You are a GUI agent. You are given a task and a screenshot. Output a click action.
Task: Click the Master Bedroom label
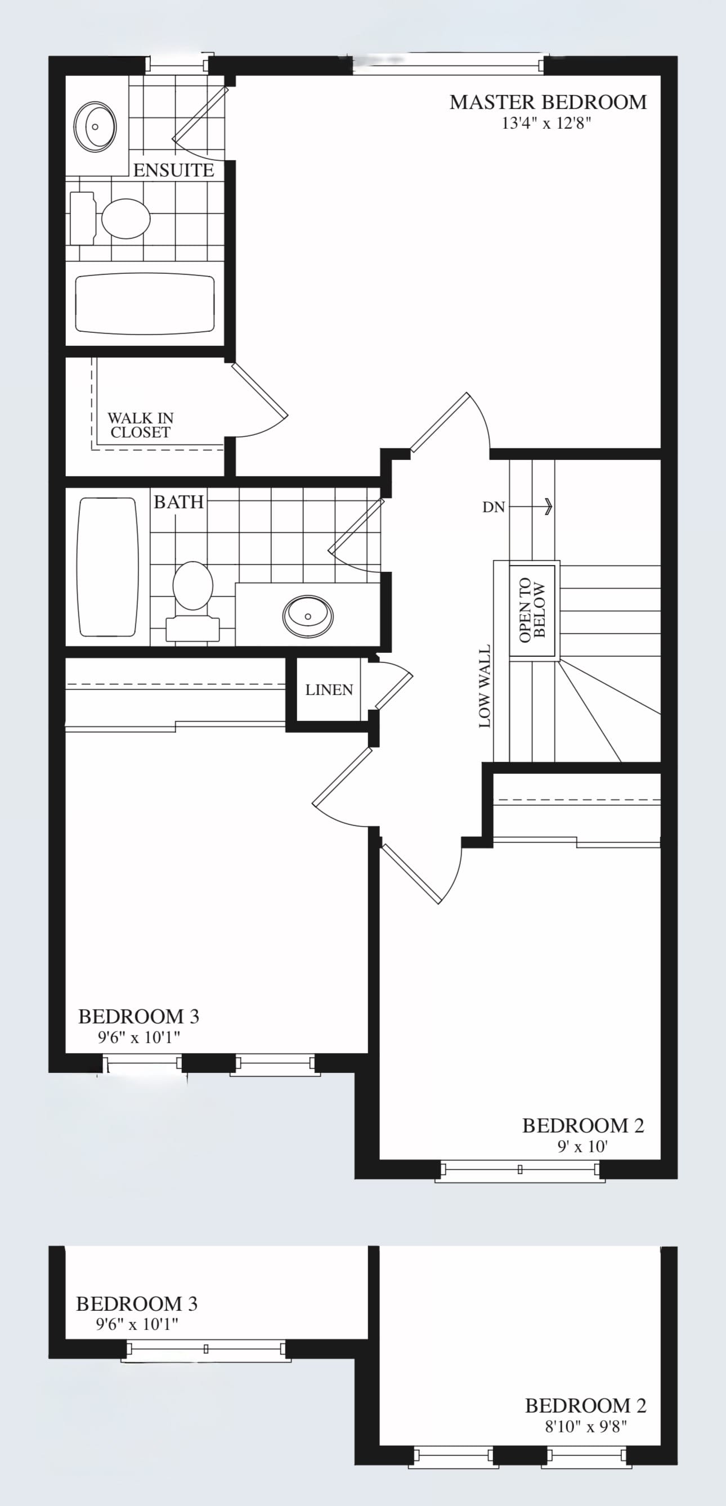[x=548, y=102]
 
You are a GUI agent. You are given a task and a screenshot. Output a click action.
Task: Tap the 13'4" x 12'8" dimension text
[x=546, y=123]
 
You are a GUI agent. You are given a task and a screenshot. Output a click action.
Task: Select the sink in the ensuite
[x=95, y=127]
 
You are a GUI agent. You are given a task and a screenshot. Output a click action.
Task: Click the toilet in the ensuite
[x=111, y=218]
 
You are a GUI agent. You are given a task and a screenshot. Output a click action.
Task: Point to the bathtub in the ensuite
[x=145, y=304]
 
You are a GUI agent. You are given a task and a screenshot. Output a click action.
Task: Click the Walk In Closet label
[x=140, y=425]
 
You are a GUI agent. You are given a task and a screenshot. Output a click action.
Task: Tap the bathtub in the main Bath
[x=107, y=566]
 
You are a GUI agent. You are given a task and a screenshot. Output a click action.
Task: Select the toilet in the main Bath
[x=193, y=601]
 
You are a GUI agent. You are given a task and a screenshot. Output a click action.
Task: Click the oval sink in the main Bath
[x=308, y=616]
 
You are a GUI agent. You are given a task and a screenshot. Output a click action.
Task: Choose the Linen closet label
[x=329, y=690]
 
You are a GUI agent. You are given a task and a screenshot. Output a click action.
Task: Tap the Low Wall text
[x=485, y=686]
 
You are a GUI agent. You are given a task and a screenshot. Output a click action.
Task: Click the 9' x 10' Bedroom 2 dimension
[x=582, y=1147]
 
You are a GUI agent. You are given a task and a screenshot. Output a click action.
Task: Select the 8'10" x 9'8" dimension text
[x=586, y=1427]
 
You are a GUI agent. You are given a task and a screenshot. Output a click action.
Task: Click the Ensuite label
[x=173, y=170]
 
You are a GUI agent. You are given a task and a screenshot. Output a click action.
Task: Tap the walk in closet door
[x=260, y=389]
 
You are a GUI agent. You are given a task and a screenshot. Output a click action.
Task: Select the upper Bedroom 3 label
[x=138, y=1017]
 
